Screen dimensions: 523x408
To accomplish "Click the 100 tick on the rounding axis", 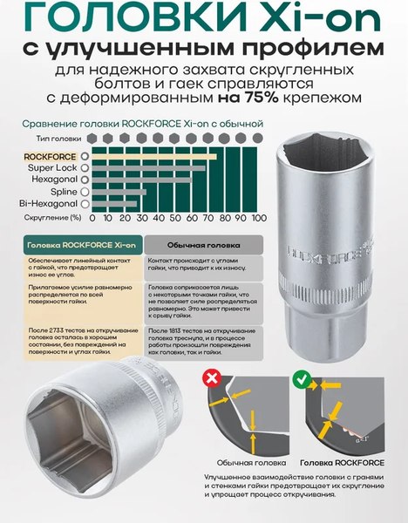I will pyautogui.click(x=258, y=217).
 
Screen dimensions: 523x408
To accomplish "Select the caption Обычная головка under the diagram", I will pyautogui.click(x=253, y=464).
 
